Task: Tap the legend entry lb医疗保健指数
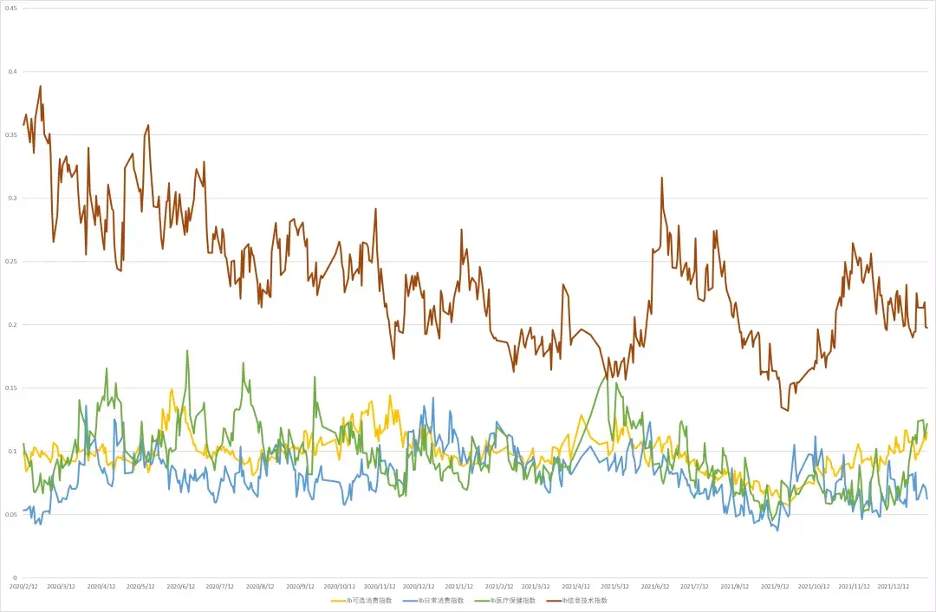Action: point(512,600)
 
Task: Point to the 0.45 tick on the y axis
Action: point(13,8)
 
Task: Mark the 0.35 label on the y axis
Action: point(13,134)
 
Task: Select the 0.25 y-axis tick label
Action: point(13,261)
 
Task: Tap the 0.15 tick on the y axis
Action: point(13,387)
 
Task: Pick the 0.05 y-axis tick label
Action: point(13,514)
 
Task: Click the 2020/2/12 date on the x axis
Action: point(23,586)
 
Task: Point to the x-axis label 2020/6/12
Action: point(181,586)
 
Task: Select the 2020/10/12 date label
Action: point(340,586)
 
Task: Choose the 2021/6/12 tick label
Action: point(656,586)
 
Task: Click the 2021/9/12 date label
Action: point(775,586)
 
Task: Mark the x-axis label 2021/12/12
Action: point(894,586)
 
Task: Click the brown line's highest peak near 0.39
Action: point(40,86)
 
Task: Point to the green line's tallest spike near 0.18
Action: point(187,350)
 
